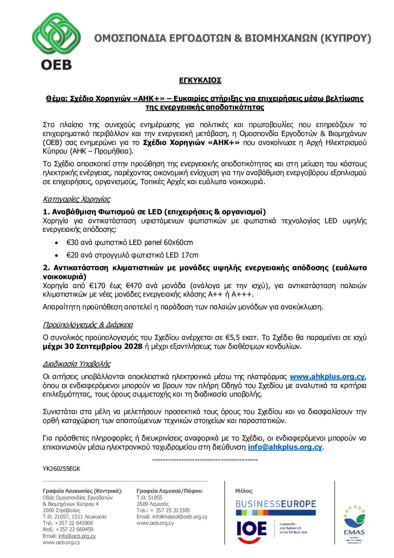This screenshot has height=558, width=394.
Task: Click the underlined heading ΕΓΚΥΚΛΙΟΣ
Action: [200, 81]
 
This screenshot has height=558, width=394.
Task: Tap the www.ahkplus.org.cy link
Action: [327, 376]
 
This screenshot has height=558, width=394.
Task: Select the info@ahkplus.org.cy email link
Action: [285, 447]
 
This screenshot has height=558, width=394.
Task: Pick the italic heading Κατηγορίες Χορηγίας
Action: [76, 199]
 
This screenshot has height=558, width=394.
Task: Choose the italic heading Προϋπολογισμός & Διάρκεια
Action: [88, 325]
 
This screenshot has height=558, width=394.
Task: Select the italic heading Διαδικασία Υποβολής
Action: [76, 364]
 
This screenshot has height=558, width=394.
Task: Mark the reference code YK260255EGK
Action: [61, 469]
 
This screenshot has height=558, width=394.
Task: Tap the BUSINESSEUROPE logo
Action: [275, 504]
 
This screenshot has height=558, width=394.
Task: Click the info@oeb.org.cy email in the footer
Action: [77, 536]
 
